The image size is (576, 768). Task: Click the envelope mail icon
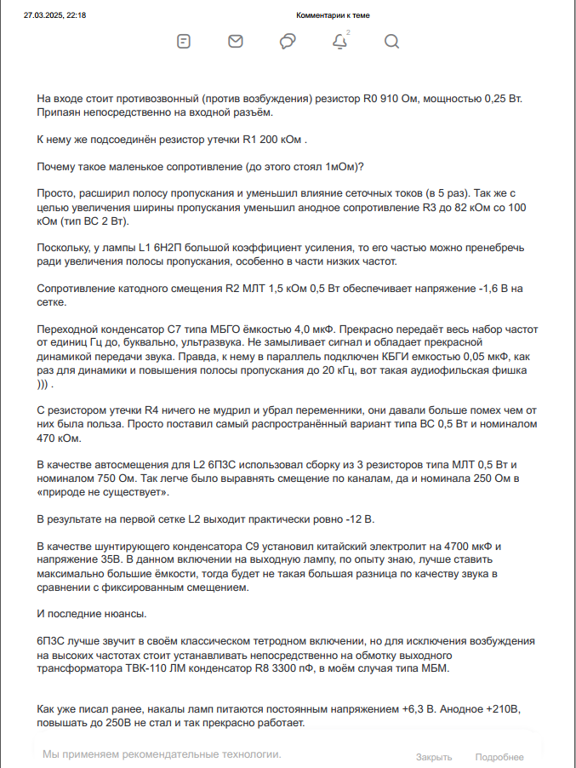pos(236,42)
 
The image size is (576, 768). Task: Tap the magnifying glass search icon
pos(391,42)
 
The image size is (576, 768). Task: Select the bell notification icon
pos(339,42)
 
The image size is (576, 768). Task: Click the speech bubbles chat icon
pos(288,42)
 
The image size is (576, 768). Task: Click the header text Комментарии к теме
pos(333,15)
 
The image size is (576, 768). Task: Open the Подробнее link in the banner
pos(499,757)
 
